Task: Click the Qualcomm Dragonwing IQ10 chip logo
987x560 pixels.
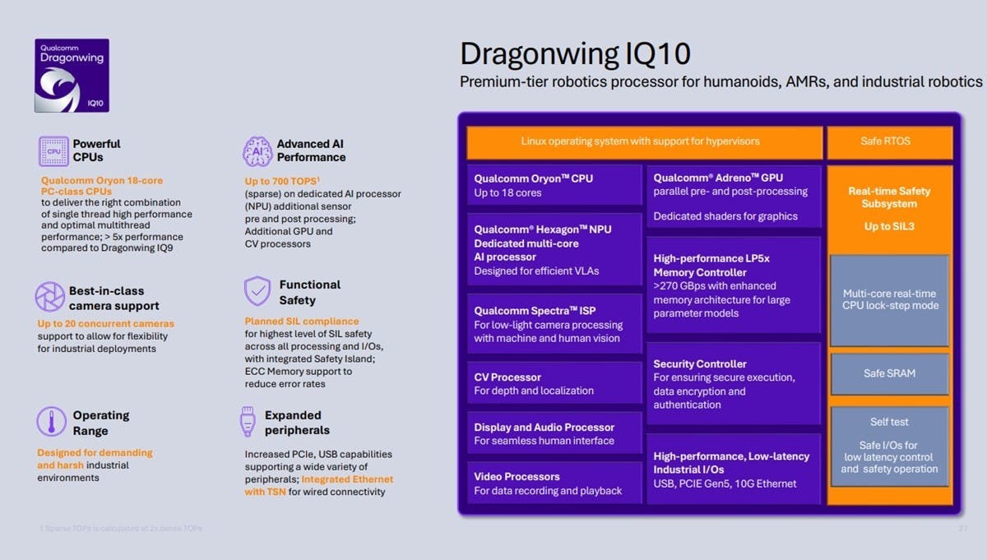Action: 72,76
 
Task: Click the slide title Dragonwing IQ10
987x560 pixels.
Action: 575,53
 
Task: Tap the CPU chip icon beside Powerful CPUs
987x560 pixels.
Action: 53,151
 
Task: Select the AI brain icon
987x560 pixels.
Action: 257,151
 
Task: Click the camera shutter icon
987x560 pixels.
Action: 50,297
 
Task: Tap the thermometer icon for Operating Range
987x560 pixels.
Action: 51,422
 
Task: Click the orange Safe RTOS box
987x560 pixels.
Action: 888,141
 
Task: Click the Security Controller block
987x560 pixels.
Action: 734,383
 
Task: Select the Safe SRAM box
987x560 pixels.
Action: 888,373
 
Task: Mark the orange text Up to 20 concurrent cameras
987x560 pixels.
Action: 105,323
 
